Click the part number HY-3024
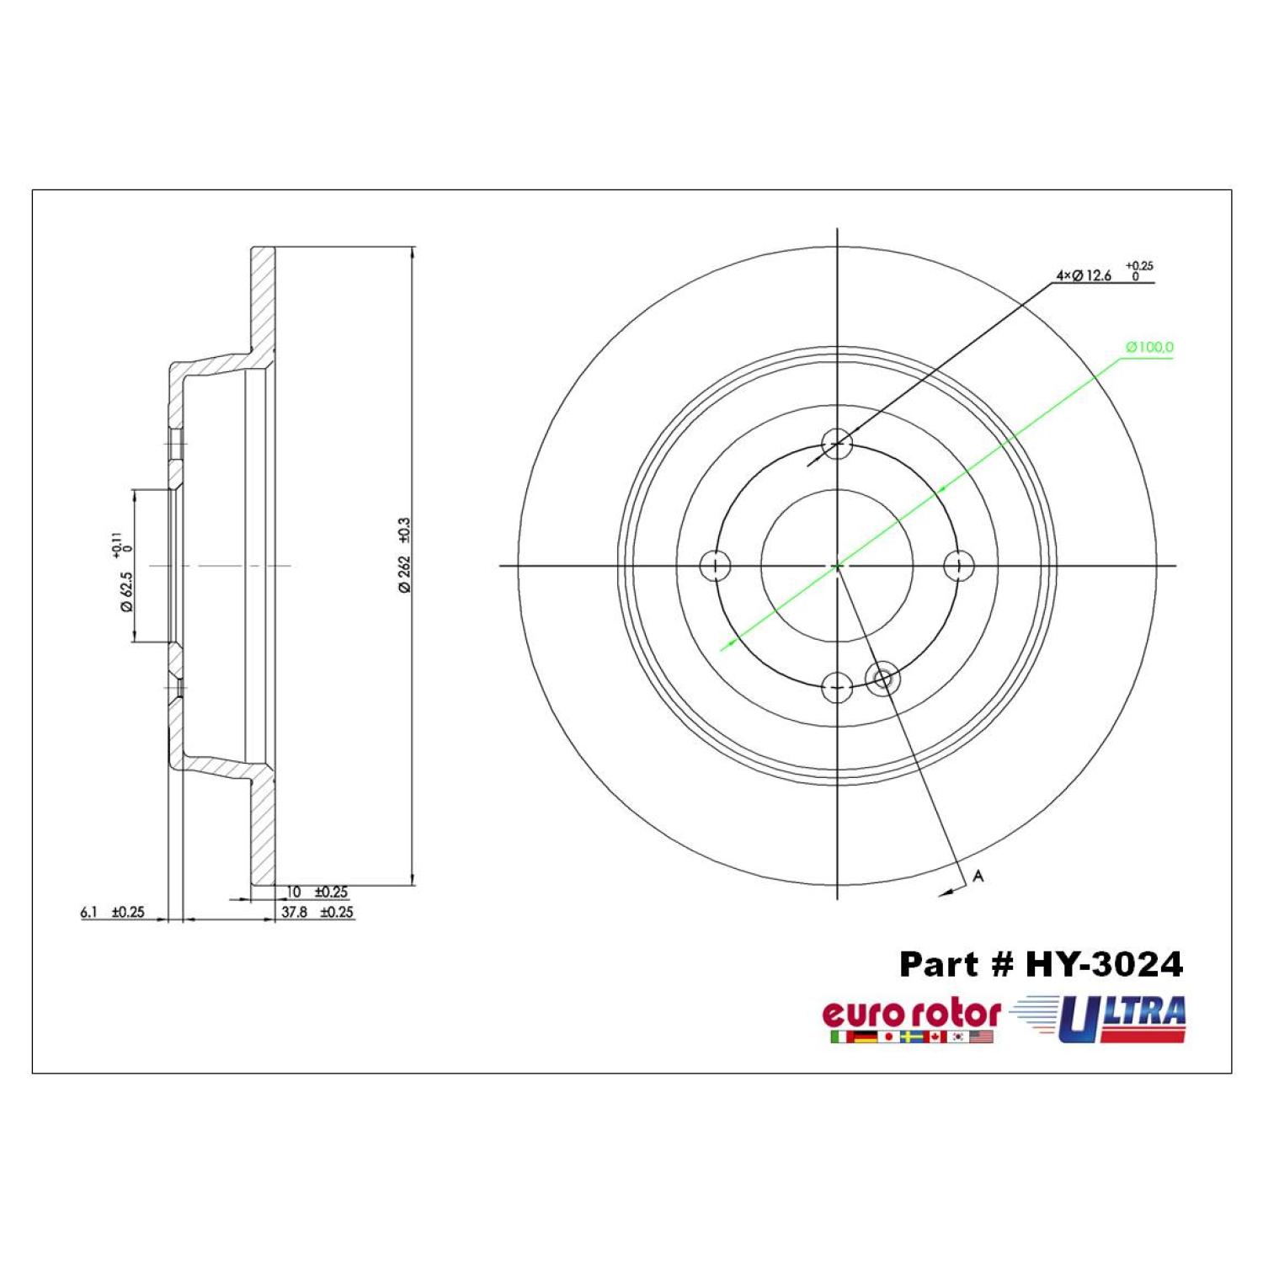tap(1104, 964)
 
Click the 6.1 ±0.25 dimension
tap(112, 912)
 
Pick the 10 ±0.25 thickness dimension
tap(317, 892)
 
